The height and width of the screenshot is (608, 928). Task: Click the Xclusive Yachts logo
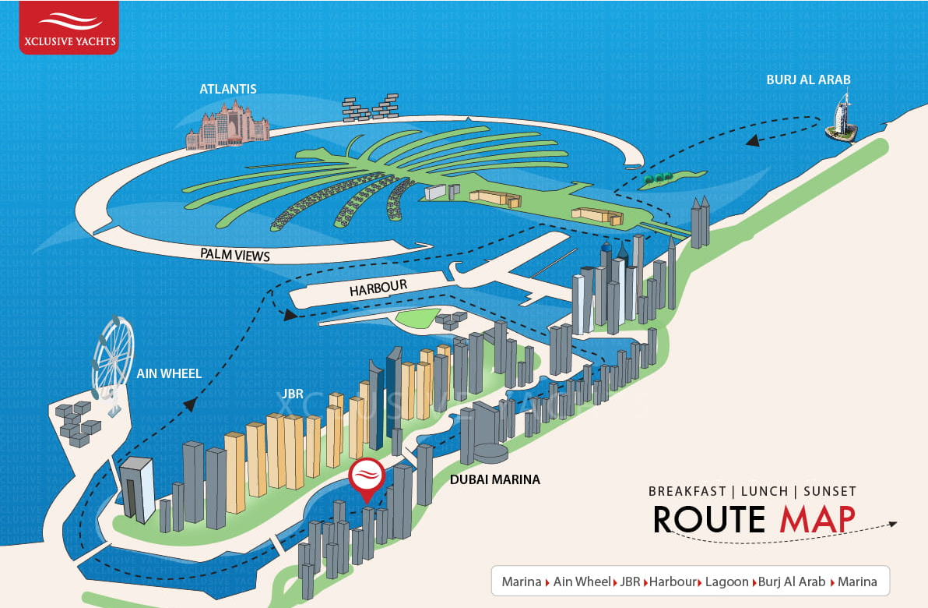pos(69,28)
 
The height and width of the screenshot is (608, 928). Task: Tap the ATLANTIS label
pos(228,89)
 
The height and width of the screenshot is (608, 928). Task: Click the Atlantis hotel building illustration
pos(228,125)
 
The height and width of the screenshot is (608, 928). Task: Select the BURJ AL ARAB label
pos(808,80)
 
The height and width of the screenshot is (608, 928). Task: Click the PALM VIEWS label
pos(235,255)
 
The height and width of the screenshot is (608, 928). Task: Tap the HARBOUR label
pos(378,288)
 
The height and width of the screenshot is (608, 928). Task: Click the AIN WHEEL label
pos(169,373)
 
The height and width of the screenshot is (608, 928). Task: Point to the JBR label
pos(293,394)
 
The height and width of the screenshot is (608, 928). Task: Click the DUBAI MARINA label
pos(495,479)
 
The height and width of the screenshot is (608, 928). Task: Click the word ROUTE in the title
pos(709,520)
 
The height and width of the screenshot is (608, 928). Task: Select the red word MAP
pos(817,520)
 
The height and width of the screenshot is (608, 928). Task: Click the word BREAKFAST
pos(687,491)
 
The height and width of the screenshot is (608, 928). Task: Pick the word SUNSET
pos(830,491)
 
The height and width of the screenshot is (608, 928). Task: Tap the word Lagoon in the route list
pos(727,582)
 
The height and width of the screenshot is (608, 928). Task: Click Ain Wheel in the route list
pos(582,582)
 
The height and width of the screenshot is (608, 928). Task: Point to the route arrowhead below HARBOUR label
pos(290,315)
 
